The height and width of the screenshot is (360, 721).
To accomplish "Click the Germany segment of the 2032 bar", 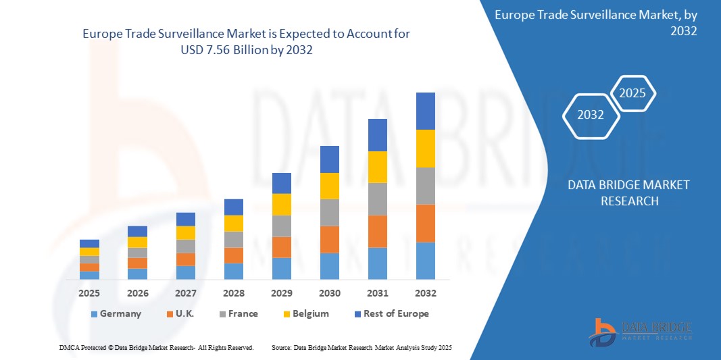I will pos(425,261).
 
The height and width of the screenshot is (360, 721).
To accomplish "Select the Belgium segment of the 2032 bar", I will pos(425,149).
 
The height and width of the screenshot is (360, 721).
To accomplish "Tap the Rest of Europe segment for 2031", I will pos(377,135).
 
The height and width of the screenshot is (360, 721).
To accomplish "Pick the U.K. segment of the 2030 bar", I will pos(329,239).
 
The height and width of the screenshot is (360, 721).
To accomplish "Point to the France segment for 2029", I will pos(281,226).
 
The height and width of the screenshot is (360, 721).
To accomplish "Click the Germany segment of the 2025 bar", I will pos(89,275).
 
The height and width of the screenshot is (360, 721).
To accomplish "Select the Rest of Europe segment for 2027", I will pos(185,219).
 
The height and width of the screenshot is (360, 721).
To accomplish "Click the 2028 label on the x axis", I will pos(234,293).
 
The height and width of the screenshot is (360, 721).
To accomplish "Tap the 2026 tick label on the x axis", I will pos(138,293).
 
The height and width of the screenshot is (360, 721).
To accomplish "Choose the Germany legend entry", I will pos(116,313).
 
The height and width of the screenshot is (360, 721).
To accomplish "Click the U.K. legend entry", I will pos(182,313).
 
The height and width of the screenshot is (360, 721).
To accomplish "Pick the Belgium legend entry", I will pos(305,313).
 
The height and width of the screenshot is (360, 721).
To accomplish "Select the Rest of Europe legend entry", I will pos(391,313).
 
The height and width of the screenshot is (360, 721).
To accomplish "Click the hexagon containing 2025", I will pos(632,93).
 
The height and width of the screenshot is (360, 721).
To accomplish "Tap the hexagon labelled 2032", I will pos(591,115).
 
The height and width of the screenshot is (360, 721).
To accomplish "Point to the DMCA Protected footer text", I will pos(156,347).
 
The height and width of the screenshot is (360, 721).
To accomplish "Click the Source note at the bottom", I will pos(361,347).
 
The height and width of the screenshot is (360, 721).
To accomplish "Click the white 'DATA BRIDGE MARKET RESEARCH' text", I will pos(628,192).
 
